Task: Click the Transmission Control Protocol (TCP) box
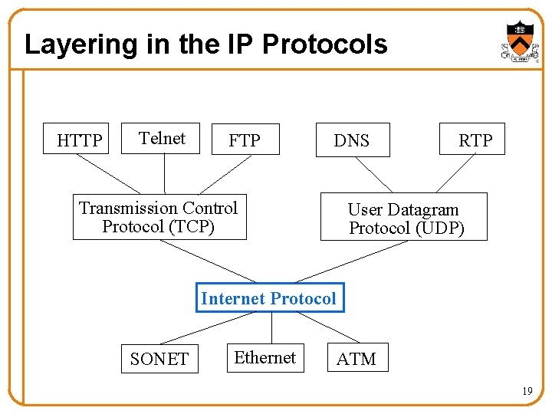coord(159,217)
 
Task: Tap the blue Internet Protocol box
coord(268,297)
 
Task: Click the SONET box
coord(159,358)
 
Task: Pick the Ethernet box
coord(264,357)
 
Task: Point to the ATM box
coord(356,358)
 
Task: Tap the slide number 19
coord(527,392)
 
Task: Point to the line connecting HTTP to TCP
coord(108,173)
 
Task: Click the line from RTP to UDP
coord(456,173)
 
